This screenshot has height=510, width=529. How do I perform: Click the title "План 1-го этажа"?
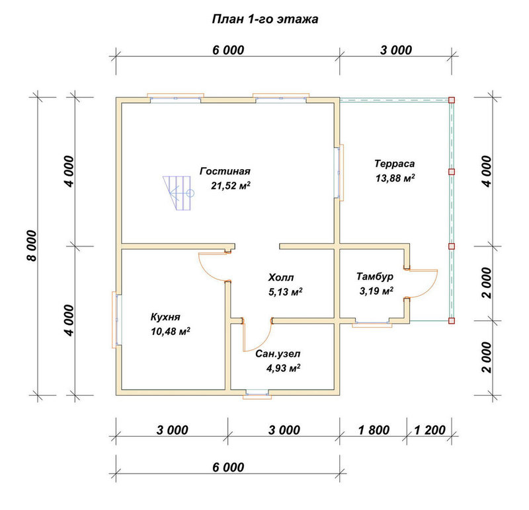[x=265, y=19]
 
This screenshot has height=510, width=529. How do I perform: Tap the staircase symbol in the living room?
[x=178, y=193]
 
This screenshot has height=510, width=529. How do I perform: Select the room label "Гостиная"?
[x=225, y=171]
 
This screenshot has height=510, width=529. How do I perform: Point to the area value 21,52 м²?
[x=231, y=186]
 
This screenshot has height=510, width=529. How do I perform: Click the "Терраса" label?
[x=394, y=164]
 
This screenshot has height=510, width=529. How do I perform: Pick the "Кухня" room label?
[x=165, y=317]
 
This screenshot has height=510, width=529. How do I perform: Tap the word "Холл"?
[x=280, y=277]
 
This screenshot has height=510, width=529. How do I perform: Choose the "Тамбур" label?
[x=375, y=277]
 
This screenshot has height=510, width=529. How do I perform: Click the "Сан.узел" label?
[x=278, y=354]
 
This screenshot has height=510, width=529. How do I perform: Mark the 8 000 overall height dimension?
[x=31, y=246]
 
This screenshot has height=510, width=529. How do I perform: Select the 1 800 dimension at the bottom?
[x=374, y=430]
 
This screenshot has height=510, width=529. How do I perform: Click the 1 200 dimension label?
[x=430, y=430]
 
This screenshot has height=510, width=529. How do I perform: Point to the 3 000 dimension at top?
[x=396, y=50]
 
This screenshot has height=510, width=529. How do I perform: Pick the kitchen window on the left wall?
[x=116, y=320]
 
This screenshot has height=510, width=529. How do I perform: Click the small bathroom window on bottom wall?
[x=257, y=394]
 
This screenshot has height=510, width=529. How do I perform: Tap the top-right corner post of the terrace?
[x=452, y=100]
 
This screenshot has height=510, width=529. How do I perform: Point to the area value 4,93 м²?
[x=284, y=368]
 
